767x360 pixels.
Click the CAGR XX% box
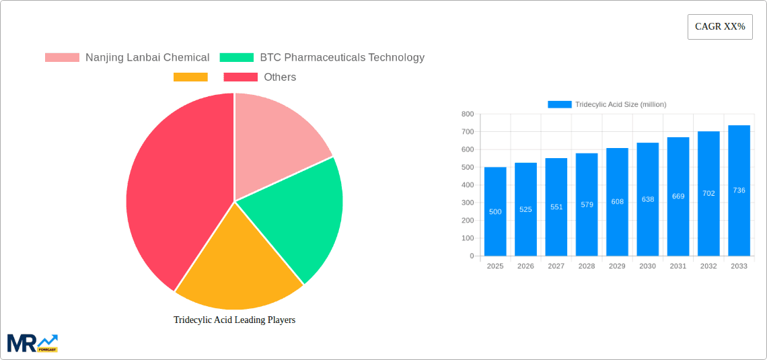(x=719, y=27)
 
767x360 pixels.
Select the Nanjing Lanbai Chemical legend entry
(x=127, y=58)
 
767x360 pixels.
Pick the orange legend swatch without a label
(x=190, y=77)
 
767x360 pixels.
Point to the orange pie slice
(x=235, y=269)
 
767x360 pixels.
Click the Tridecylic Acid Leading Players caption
(x=234, y=320)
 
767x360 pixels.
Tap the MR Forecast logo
(x=32, y=343)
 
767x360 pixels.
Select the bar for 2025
(x=495, y=212)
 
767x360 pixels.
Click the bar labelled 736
(x=739, y=190)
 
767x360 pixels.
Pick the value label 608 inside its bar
(x=617, y=202)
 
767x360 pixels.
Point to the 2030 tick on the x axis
(x=647, y=266)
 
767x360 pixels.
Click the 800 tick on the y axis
(x=467, y=114)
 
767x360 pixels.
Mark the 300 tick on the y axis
(x=467, y=203)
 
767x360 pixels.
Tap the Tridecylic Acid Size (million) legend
(x=607, y=104)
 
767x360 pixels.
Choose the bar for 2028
(x=587, y=205)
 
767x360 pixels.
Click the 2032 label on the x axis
(x=708, y=266)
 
